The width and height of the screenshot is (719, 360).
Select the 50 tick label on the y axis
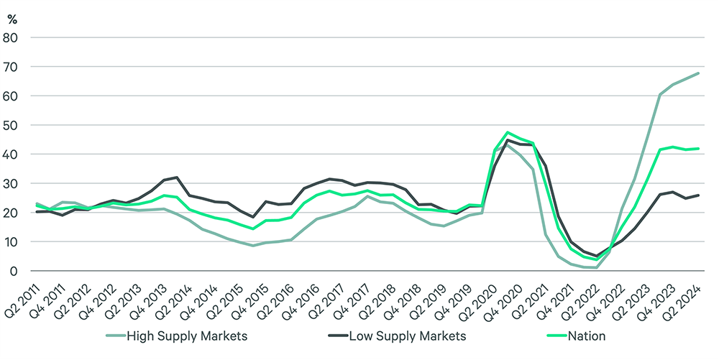tap(12, 125)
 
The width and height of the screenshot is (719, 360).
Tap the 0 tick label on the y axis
tap(15, 272)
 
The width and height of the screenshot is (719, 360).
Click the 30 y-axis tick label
tap(12, 184)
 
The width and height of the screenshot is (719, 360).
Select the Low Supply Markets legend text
tap(408, 336)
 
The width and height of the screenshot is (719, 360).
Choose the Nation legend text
tap(587, 336)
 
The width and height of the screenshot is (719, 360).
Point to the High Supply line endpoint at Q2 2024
tap(699, 73)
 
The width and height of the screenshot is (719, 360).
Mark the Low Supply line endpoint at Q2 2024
tap(699, 195)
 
